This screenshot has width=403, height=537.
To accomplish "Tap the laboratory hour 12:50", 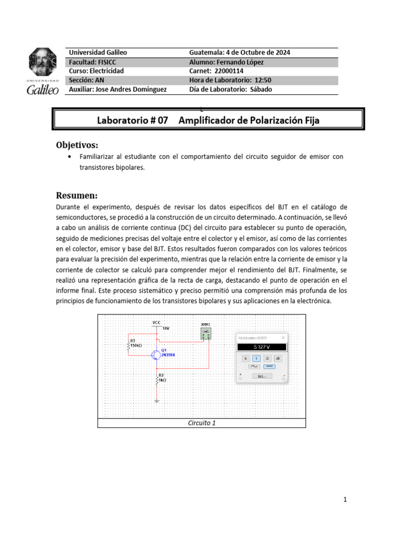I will click(x=260, y=80).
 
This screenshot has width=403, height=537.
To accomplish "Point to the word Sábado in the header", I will click(x=261, y=89).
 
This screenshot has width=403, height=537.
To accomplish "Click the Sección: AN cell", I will click(x=87, y=80).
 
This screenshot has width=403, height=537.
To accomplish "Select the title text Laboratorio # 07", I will click(x=132, y=120).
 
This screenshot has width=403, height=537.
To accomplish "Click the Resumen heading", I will click(x=77, y=195).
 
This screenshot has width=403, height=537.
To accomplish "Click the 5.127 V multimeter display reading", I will click(x=261, y=347).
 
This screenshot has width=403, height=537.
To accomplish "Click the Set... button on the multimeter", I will click(x=261, y=376).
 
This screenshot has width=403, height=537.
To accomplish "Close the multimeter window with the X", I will click(x=283, y=338).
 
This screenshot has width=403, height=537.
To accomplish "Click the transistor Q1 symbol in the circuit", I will click(x=156, y=355).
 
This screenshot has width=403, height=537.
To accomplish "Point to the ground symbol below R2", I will click(x=157, y=402).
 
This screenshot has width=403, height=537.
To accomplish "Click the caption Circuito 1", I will click(x=201, y=423).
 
